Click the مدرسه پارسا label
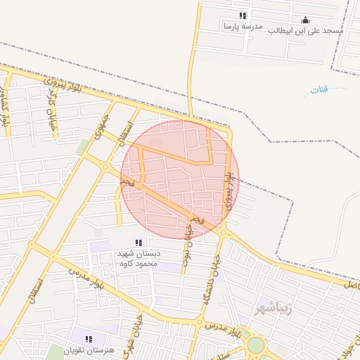(x=243, y=27)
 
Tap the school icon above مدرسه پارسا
(x=243, y=15)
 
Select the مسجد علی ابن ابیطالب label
(x=307, y=31)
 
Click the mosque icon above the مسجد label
(x=305, y=20)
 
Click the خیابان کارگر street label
(x=51, y=116)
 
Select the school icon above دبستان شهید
(x=138, y=243)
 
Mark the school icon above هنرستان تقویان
(x=88, y=339)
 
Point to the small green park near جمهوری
(x=83, y=146)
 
